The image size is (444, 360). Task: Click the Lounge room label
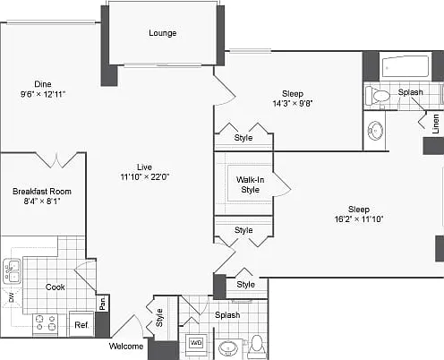click(163, 33)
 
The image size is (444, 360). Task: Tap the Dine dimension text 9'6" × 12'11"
click(43, 94)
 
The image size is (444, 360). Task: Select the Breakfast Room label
click(42, 192)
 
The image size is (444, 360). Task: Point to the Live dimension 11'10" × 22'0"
click(145, 177)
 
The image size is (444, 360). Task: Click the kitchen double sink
click(12, 271)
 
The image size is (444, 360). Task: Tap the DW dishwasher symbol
click(12, 297)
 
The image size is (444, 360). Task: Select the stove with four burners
click(46, 324)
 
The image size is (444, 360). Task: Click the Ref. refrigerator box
click(81, 324)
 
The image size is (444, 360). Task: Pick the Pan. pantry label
click(103, 303)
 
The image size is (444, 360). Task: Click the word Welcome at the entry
click(126, 347)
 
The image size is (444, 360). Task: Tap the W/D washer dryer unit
click(196, 342)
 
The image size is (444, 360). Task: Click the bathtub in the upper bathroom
click(406, 66)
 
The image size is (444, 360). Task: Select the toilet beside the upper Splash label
click(378, 96)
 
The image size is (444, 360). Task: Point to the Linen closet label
click(436, 124)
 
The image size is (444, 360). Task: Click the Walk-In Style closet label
click(250, 184)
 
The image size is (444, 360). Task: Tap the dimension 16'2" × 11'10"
click(359, 219)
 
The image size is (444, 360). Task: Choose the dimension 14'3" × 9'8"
click(293, 104)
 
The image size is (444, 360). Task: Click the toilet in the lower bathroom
click(257, 346)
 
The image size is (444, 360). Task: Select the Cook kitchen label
click(55, 287)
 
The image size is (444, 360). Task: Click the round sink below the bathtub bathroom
click(376, 131)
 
